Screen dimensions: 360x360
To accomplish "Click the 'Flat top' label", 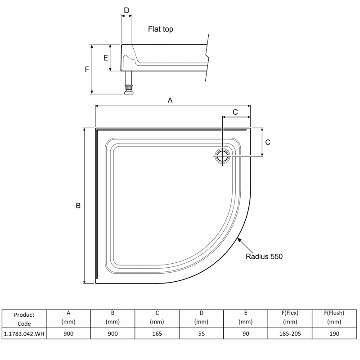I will click(160, 29).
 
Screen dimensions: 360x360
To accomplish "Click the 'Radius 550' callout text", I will click(264, 257).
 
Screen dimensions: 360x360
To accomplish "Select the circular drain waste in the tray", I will click(222, 156).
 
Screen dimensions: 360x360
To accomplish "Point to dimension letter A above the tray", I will click(170, 101).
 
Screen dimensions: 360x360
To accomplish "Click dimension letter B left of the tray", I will click(78, 206).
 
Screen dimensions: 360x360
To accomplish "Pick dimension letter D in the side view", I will click(126, 10).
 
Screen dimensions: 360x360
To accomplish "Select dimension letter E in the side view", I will click(105, 58).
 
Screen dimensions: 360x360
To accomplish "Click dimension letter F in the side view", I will click(87, 69).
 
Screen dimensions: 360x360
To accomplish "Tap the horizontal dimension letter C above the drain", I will click(235, 112).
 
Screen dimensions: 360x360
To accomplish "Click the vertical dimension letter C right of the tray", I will click(267, 142).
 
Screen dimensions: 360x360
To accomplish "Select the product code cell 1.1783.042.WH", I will click(24, 333).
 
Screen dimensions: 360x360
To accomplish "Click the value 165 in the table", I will click(157, 333).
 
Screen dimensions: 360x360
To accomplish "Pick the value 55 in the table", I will click(201, 333).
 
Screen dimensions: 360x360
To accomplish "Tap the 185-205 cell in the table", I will click(290, 333).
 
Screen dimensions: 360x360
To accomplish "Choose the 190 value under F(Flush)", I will click(334, 333).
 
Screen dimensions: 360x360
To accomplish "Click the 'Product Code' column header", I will click(24, 319).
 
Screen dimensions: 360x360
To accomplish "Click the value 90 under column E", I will click(245, 333).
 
